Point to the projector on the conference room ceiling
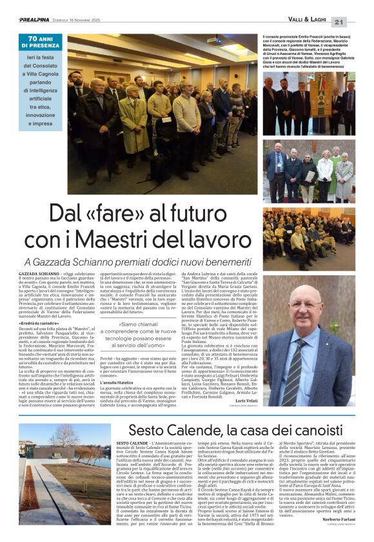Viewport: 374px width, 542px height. pyautogui.click(x=215, y=40)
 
